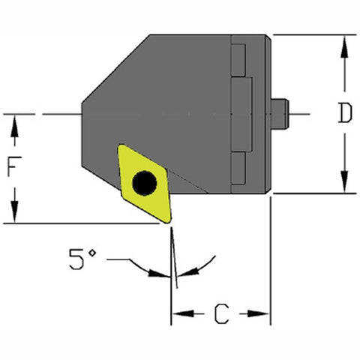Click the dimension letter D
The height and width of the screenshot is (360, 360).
(344, 113)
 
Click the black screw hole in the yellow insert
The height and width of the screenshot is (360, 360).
(142, 182)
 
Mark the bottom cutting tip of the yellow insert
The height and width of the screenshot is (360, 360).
(170, 221)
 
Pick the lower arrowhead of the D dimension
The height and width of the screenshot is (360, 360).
(344, 184)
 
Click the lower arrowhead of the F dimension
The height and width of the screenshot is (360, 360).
(14, 214)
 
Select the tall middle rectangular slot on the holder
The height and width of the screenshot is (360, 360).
(242, 112)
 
